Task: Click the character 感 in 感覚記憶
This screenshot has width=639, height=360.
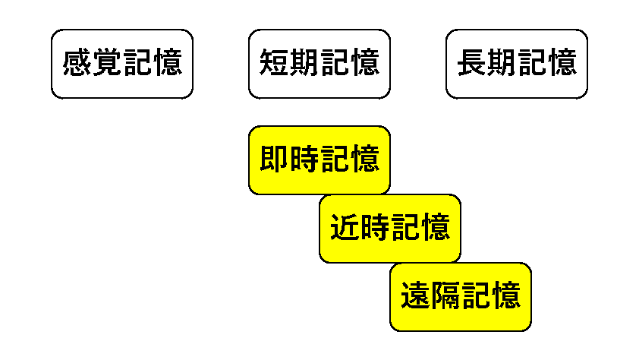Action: pos(77,63)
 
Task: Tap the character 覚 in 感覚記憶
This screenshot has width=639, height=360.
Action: pos(108,63)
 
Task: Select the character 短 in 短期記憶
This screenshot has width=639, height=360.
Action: pos(274,63)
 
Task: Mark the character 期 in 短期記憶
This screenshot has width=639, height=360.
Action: pos(304,63)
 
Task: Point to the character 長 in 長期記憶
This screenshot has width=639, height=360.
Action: pos(471,63)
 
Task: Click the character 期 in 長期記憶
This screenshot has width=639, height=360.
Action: pos(502,63)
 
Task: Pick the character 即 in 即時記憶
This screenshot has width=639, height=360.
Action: pos(274,159)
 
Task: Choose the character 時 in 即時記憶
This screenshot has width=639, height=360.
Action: pos(304,159)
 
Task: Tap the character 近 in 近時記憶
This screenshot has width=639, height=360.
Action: pos(345,228)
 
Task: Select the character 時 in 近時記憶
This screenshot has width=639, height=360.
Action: pos(376,228)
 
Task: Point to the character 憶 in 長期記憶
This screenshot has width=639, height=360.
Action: pos(562,63)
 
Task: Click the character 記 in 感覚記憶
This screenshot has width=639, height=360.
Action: pos(137,63)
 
